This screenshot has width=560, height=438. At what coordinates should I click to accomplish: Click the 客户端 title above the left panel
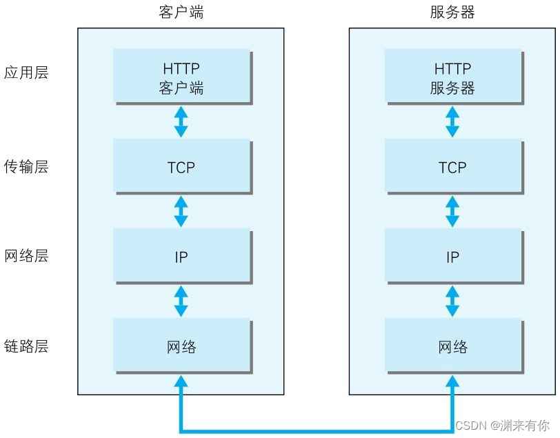[x=181, y=12]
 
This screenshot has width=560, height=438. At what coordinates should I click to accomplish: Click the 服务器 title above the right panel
[x=452, y=12]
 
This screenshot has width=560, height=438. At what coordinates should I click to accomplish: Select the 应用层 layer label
[x=26, y=73]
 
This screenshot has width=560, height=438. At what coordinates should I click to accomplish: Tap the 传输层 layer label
[x=26, y=167]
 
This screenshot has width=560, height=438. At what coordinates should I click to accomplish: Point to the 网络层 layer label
[x=26, y=257]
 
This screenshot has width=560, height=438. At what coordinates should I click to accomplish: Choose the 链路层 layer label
[x=26, y=346]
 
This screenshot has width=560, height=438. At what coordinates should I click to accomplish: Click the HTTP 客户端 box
[x=181, y=78]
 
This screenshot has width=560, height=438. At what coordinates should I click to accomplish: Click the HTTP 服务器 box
[x=452, y=78]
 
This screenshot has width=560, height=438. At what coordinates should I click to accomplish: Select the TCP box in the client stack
[x=181, y=167]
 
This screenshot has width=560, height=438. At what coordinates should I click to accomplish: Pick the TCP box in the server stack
[x=452, y=167]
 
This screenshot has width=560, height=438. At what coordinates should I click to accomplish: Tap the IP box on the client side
[x=181, y=257]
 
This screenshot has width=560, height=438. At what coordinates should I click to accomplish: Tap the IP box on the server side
[x=452, y=257]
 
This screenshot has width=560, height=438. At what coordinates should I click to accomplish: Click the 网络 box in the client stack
[x=181, y=346]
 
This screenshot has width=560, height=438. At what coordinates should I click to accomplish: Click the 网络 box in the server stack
[x=452, y=346]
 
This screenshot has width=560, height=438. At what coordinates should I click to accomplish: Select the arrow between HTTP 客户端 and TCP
[x=181, y=121]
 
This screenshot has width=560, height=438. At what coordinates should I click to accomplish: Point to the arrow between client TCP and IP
[x=181, y=212]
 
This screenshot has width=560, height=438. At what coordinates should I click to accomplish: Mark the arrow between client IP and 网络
[x=181, y=301]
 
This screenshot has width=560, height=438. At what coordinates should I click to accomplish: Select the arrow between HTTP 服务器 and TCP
[x=452, y=121]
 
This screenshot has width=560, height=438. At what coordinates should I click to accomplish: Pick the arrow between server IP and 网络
[x=452, y=301]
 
